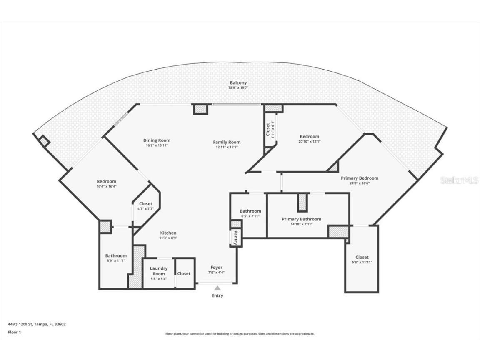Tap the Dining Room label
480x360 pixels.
click(x=157, y=140)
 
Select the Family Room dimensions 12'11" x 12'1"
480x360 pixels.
click(x=228, y=147)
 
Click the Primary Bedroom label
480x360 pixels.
click(x=360, y=178)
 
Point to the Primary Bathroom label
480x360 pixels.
click(x=301, y=219)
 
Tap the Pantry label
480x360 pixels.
click(x=236, y=238)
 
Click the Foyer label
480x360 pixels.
click(x=216, y=267)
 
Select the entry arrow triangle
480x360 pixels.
click(x=217, y=288)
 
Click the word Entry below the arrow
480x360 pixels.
click(x=217, y=295)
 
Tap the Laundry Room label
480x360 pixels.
click(x=159, y=271)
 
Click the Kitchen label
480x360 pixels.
click(x=168, y=233)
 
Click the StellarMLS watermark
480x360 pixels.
click(x=459, y=180)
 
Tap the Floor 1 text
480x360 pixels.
click(x=14, y=332)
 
